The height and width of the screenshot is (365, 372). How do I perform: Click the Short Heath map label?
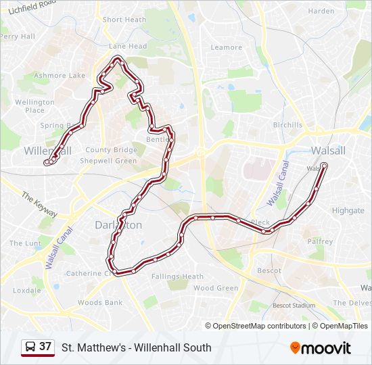pos(124,20)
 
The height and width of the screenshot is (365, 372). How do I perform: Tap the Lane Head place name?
pos(128,46)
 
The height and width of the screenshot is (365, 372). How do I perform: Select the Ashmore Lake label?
pos(60,76)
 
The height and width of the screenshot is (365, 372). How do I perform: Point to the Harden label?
pos(321,11)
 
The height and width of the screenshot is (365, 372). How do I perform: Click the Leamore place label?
pos(227,47)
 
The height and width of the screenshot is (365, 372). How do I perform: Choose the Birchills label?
pos(287,125)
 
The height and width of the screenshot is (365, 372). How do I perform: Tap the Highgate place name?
pos(348,210)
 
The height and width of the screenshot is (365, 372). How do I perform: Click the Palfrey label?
pos(320,241)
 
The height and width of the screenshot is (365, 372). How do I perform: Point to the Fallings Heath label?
pos(177,276)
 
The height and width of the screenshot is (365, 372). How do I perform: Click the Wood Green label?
pos(216,288)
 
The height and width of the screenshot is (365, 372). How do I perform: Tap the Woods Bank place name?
pos(100,303)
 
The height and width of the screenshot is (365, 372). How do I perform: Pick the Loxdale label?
pos(26,291)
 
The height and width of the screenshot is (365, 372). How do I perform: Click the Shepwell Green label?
pos(108,161)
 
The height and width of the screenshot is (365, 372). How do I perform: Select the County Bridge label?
pos(112,150)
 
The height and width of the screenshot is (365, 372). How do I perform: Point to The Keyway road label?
pos(39,204)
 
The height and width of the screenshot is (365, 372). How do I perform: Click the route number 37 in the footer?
pos(45,347)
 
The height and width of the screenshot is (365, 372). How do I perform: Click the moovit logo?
pos(321,348)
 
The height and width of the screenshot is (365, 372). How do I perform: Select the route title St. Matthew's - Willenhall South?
pos(136,347)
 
